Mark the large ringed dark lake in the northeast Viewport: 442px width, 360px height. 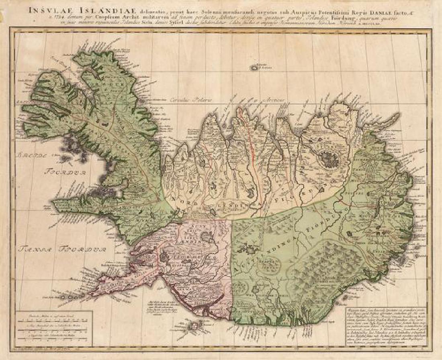329,158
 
